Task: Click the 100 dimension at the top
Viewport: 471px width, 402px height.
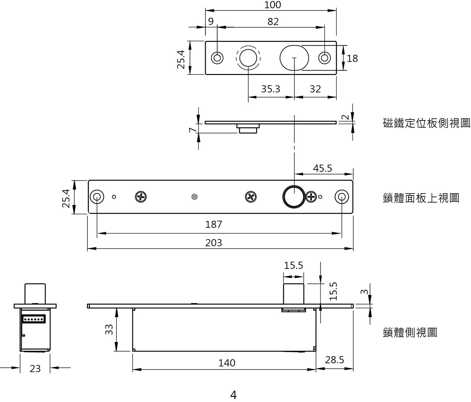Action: point(272,5)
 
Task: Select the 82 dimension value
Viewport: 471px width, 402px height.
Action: point(273,22)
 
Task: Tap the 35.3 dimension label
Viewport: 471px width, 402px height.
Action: point(271,89)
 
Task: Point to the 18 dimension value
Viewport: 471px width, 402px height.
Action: point(352,59)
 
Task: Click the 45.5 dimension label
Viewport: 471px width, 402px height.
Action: point(322,168)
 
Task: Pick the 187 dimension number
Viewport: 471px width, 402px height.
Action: point(214,224)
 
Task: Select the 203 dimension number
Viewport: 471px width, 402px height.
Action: point(214,243)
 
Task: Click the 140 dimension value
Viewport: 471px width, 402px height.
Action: point(227,363)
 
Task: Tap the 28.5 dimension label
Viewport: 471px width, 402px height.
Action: point(334,360)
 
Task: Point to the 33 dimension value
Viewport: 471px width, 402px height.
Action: point(109,330)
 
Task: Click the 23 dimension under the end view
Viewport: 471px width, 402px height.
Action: point(35,369)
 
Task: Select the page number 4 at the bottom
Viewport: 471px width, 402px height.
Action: point(233,395)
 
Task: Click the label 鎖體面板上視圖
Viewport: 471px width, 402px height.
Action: point(421,198)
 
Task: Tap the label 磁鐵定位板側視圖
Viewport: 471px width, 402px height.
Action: point(427,123)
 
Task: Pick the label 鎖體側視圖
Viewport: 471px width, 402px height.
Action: point(410,333)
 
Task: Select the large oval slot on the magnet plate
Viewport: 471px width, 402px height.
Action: point(294,58)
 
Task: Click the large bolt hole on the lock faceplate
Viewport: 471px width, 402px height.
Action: point(294,197)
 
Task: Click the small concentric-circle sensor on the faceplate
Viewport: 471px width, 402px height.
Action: point(194,197)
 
